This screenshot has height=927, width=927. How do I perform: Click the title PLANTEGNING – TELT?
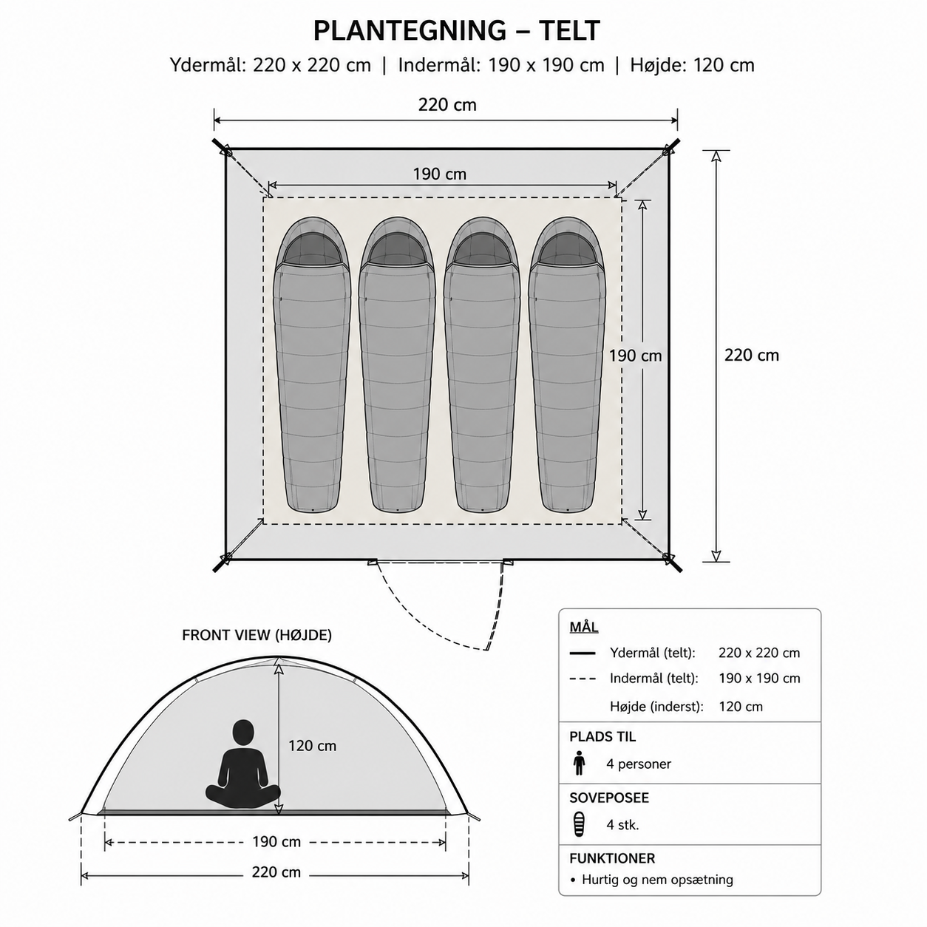pos(457,31)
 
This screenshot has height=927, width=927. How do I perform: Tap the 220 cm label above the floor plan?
pos(447,105)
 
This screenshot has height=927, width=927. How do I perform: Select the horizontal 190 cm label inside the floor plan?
pos(440,174)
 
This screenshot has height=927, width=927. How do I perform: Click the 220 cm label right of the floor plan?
pos(751,355)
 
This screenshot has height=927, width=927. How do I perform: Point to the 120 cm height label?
pos(312,746)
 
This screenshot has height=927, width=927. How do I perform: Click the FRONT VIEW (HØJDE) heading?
pos(257,636)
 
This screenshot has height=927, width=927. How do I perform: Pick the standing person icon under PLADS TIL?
pos(580,764)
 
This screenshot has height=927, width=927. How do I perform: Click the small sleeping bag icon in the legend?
pos(580,824)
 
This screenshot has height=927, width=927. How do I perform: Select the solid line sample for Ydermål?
pos(582,653)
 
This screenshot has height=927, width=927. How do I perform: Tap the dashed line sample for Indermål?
pos(582,679)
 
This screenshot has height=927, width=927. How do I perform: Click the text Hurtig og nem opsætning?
pos(658,880)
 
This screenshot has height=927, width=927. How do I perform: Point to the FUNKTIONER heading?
pos(612,858)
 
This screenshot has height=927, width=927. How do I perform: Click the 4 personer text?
pos(639,764)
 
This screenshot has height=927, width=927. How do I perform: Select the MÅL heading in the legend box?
pos(584,628)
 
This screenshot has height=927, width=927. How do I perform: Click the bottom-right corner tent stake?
pos(673,563)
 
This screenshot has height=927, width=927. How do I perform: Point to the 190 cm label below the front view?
pos(276,842)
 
